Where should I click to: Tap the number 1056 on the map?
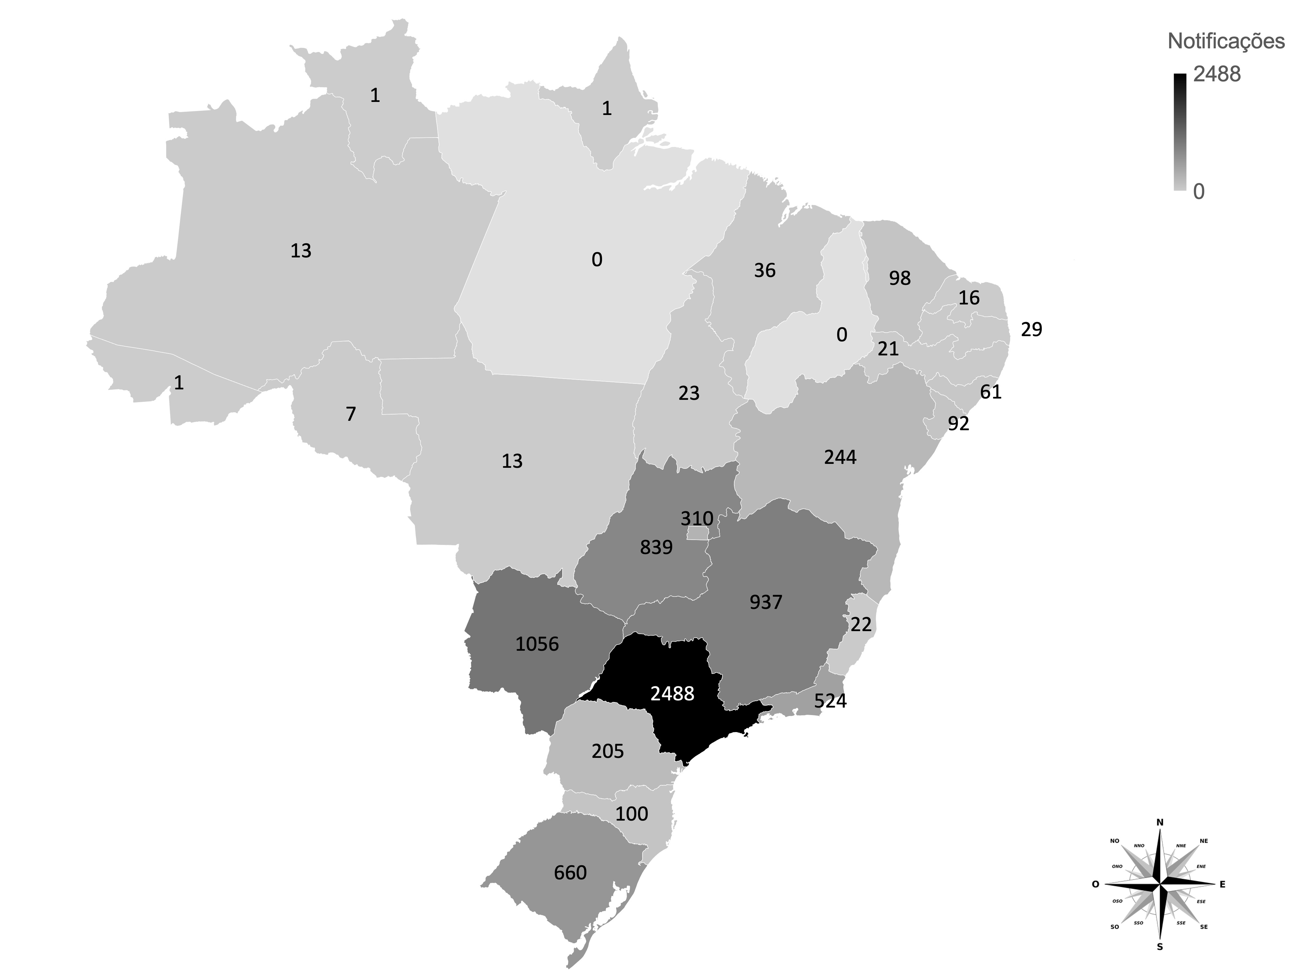[x=537, y=644]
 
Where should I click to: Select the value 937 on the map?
[x=766, y=602]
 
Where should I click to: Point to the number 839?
[x=656, y=547]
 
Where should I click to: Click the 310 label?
[x=697, y=519]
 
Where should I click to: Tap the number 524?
[x=830, y=701]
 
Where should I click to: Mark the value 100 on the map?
[x=632, y=814]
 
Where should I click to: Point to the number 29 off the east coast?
[x=1031, y=330]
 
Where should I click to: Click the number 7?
[x=351, y=415]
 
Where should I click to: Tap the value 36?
[x=765, y=270]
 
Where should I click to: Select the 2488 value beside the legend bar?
[x=1217, y=74]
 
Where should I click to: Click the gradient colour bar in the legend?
[x=1180, y=132]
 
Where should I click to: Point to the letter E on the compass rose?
[x=1222, y=884]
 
